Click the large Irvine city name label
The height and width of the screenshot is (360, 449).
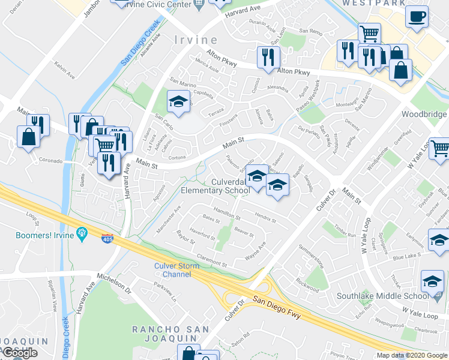[196, 40]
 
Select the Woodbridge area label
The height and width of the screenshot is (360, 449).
[424, 114]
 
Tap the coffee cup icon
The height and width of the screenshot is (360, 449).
[416, 17]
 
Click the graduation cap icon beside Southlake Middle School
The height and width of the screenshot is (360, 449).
[433, 281]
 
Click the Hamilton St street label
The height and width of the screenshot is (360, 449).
[227, 215]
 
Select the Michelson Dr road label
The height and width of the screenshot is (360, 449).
[115, 282]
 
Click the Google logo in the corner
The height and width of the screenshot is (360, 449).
[20, 353]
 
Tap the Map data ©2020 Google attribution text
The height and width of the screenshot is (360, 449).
[412, 355]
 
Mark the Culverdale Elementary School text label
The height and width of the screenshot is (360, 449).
[215, 186]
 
